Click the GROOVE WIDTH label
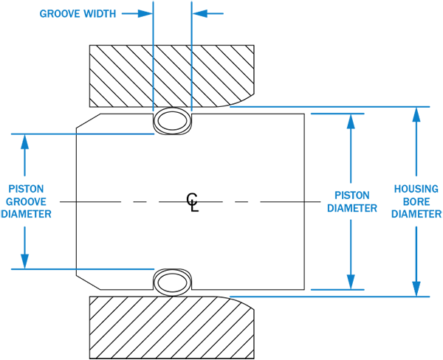78,13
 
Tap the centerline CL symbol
193,202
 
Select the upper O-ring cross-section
172,121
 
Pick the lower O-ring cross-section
172,283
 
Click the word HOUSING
416,189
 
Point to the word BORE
416,201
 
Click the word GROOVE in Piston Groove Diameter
26,201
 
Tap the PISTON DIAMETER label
352,201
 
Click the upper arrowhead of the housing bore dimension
416,114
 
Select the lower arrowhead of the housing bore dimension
416,289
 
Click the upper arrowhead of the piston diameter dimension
351,122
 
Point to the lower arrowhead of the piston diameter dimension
351,282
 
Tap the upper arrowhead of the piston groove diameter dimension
25,142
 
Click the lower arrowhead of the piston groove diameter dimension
25,261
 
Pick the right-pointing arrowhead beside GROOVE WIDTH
145,13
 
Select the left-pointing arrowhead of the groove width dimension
199,13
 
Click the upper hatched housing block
172,76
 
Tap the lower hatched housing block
172,328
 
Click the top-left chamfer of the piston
89,120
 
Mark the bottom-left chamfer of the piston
89,283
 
